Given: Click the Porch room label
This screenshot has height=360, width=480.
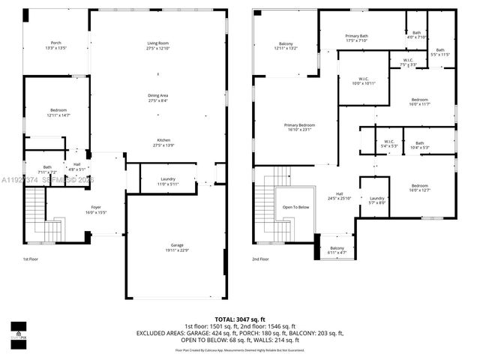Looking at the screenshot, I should pos(56,45).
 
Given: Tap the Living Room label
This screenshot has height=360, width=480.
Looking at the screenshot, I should pos(157,45).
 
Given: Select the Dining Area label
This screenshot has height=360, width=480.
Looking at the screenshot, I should pos(157,97).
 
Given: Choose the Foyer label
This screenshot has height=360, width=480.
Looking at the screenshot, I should pos(96,209).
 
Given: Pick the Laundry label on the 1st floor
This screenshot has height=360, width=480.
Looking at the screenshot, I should pos(167,180).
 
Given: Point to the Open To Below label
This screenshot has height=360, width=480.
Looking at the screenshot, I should pos(295,207).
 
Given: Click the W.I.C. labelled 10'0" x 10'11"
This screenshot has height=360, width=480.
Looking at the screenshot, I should pos(363,80).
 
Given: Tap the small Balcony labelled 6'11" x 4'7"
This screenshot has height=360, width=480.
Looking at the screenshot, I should pos(337,250).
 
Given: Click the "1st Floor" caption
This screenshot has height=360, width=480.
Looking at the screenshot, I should pos(31,259).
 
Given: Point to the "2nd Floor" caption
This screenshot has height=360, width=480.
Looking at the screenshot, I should pos(261,259).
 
